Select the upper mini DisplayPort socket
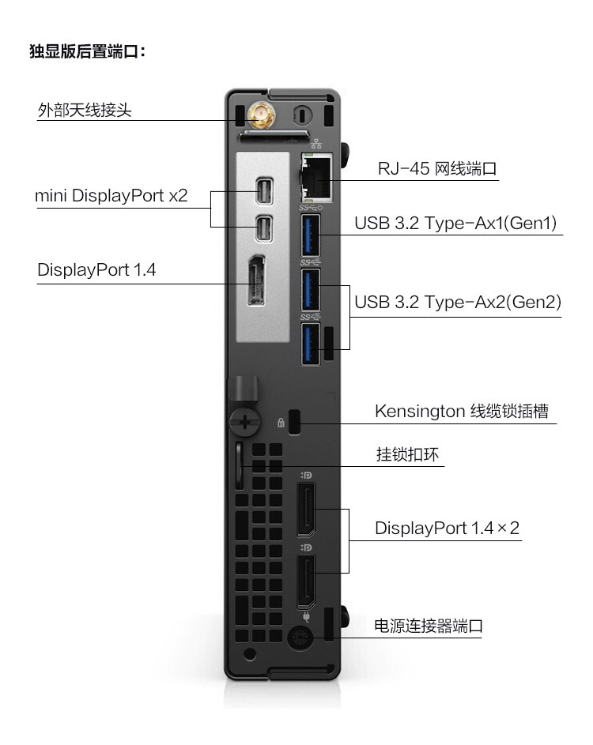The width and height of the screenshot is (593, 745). tap(263, 191)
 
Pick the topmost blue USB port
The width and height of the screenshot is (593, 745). tap(310, 235)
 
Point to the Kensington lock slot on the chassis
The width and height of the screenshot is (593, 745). tap(296, 422)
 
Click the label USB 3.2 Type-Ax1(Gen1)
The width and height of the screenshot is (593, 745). tap(456, 223)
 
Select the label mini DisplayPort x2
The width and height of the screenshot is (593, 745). tap(111, 195)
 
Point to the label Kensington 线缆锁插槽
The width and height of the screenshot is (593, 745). tap(461, 412)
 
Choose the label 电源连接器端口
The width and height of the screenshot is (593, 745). tap(428, 626)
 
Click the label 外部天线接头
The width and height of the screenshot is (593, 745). tap(85, 109)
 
